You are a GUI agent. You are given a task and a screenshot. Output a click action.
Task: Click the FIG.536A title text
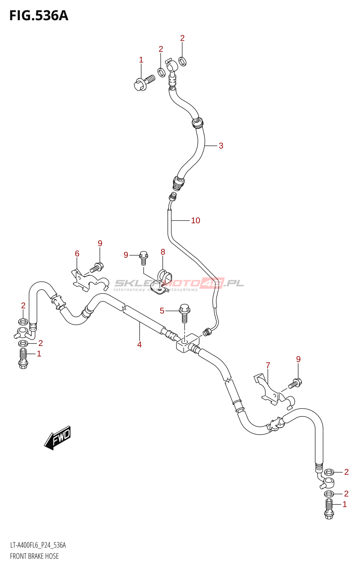pos(38,16)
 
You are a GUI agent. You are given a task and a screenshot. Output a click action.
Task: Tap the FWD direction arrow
pos(58,437)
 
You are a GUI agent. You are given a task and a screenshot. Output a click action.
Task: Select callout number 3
pos(221,146)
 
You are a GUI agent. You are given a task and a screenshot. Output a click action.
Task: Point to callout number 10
pos(196,220)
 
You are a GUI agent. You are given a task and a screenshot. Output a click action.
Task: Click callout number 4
pos(139,344)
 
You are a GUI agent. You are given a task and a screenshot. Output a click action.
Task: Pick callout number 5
pos(162,311)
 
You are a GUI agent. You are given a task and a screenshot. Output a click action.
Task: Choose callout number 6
pos(77,254)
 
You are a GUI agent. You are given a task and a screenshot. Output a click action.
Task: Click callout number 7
pos(268,365)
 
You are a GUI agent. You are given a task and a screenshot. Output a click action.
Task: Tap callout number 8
pos(163,252)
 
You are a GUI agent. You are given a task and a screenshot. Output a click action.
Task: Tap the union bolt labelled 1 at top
pos(144,83)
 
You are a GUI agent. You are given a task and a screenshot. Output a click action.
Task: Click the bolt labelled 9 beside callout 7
pos(295,383)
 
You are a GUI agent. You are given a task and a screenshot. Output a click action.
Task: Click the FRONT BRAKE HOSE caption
pos(34,556)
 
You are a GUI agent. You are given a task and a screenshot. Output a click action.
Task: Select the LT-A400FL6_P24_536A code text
pos(38,545)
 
